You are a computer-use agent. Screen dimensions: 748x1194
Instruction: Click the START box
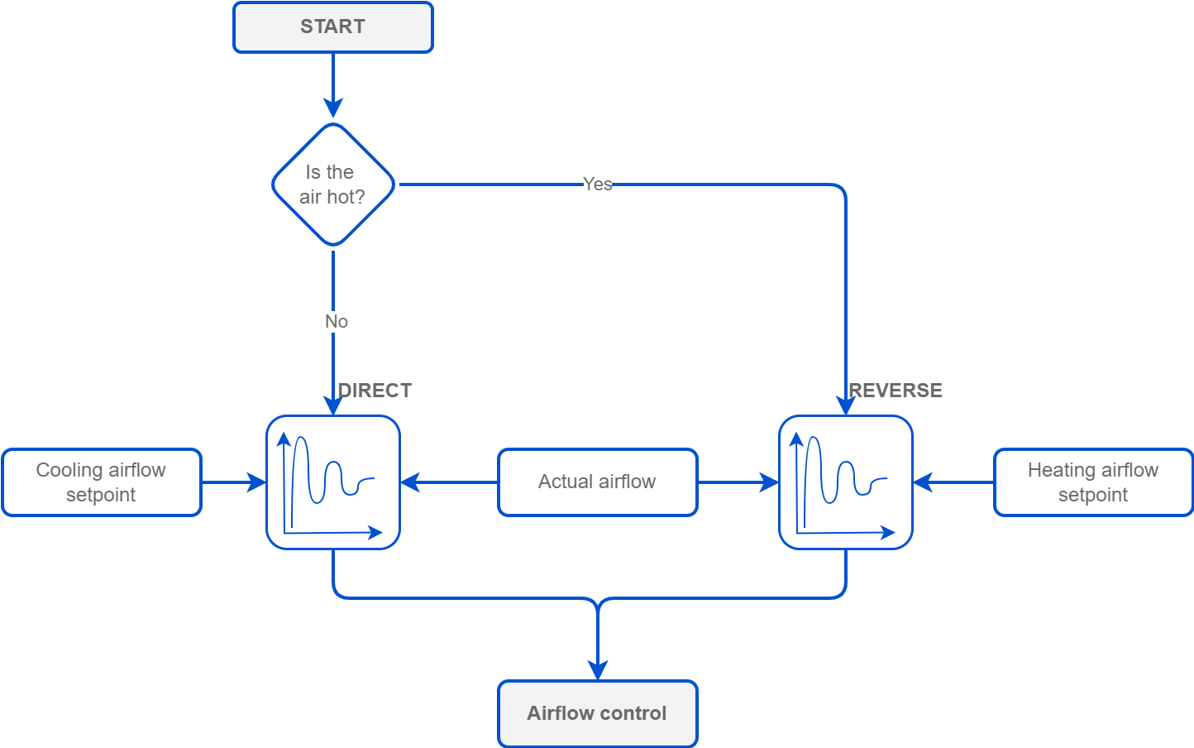(332, 27)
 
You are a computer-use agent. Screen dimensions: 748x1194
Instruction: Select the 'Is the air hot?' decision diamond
(332, 185)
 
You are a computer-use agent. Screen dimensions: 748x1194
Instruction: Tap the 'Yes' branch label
(597, 184)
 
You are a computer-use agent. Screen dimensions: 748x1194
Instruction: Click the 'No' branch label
(336, 321)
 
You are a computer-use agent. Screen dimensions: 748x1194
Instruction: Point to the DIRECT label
(375, 391)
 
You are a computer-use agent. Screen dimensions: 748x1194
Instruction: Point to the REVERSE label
(895, 391)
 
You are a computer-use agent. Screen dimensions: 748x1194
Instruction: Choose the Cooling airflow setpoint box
(101, 482)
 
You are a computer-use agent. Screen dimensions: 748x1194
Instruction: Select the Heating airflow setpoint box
(1092, 482)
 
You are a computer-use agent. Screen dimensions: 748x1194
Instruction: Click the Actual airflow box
(597, 482)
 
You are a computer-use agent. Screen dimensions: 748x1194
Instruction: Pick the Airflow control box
(597, 713)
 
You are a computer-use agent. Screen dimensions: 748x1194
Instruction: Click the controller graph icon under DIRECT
(332, 482)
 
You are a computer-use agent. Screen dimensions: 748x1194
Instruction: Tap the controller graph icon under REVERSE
(845, 482)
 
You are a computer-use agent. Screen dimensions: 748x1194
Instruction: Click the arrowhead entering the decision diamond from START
(332, 108)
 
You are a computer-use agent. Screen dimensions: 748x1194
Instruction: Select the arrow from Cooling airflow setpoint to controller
(234, 482)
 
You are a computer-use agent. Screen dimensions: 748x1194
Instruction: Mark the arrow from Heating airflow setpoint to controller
(953, 482)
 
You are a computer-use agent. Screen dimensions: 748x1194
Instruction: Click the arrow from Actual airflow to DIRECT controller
(449, 482)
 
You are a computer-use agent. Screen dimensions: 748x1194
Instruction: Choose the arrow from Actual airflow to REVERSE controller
(738, 482)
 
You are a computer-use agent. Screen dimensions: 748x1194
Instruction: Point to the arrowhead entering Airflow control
(597, 669)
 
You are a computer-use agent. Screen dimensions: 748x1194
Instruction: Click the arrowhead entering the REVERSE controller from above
(845, 405)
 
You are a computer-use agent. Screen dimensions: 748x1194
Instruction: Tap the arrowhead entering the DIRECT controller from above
(332, 405)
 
